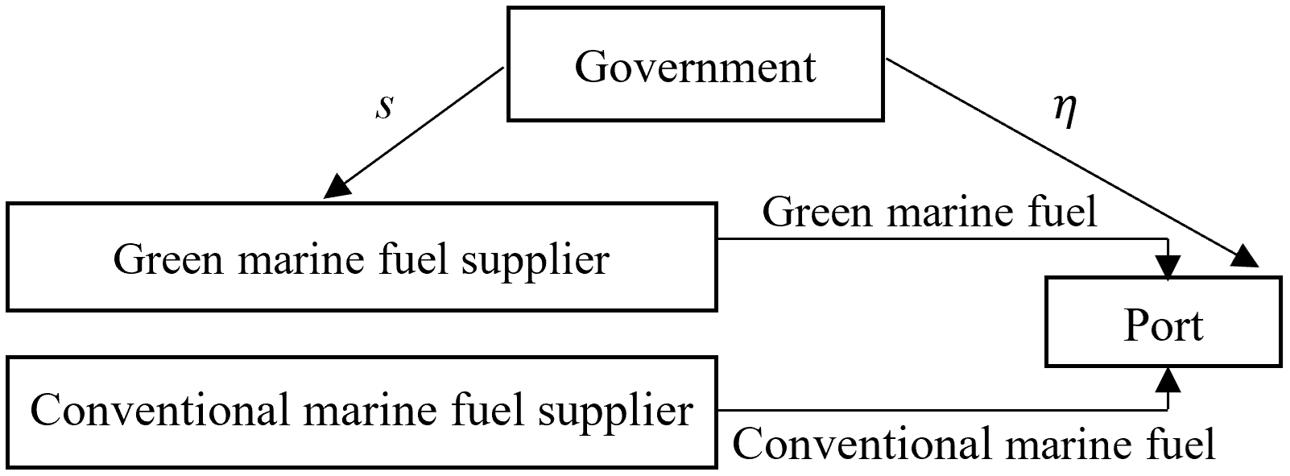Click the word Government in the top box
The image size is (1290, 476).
(695, 66)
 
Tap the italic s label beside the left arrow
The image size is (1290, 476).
(385, 106)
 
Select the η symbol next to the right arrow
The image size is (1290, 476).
(1065, 111)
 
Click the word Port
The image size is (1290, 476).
(1164, 326)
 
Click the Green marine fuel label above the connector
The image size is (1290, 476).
(929, 213)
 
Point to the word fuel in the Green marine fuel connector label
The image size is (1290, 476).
(1065, 213)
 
